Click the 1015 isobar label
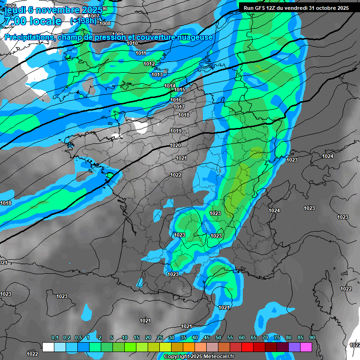tap(180, 90)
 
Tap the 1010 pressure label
tap(133, 43)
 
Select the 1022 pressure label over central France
tap(176, 175)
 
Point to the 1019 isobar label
tap(176, 131)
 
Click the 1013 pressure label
tap(157, 75)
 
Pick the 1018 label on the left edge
tap(6, 203)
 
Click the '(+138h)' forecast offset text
tap(83, 21)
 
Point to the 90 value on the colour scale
tap(312, 338)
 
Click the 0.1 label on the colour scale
tap(54, 338)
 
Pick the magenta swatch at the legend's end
tap(306, 347)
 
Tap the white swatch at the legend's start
tap(48, 347)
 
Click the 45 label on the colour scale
tap(207, 338)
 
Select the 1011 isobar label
tap(141, 53)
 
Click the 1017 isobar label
tap(179, 107)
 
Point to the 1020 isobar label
tap(175, 145)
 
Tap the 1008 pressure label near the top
tap(105, 23)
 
